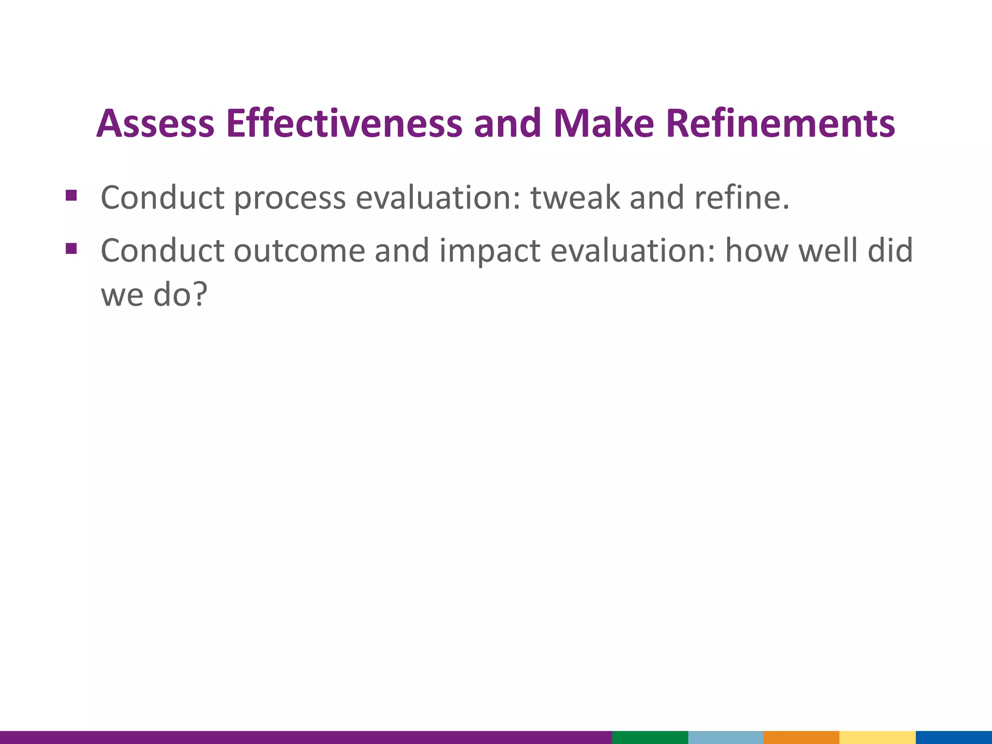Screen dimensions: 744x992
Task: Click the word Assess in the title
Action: (155, 124)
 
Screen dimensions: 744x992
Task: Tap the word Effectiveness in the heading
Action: (344, 124)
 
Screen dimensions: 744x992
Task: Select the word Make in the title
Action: (604, 124)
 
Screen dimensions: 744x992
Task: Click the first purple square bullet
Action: (71, 196)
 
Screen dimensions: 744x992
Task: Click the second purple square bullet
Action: (71, 248)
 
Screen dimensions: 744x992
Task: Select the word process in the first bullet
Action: (290, 199)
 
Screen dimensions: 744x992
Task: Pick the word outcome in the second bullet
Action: (299, 251)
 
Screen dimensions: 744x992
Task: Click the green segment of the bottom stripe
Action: (650, 737)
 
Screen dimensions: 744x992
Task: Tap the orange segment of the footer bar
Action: (801, 737)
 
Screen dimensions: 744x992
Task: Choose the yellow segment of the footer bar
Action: (877, 737)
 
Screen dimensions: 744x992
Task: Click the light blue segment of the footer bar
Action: (725, 737)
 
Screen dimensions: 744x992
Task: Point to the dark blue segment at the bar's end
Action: (953, 737)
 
